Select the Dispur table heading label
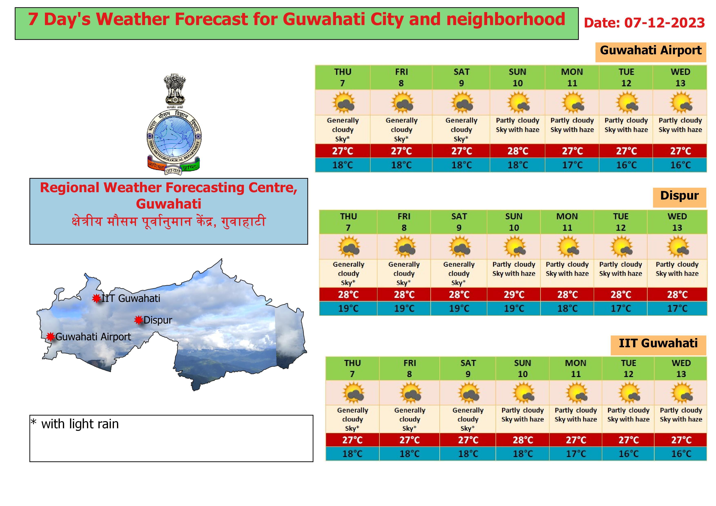pyautogui.click(x=679, y=196)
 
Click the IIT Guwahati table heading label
pyautogui.click(x=658, y=343)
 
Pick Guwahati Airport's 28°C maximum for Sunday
pyautogui.click(x=518, y=151)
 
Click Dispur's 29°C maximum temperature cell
pyautogui.click(x=514, y=294)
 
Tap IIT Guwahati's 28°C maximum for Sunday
pyautogui.click(x=523, y=440)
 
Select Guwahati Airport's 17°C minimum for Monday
pyautogui.click(x=572, y=165)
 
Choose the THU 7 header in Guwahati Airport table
pyautogui.click(x=343, y=78)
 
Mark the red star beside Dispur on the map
pyautogui.click(x=138, y=320)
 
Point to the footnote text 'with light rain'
pyautogui.click(x=80, y=424)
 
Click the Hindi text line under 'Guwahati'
pyautogui.click(x=168, y=222)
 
